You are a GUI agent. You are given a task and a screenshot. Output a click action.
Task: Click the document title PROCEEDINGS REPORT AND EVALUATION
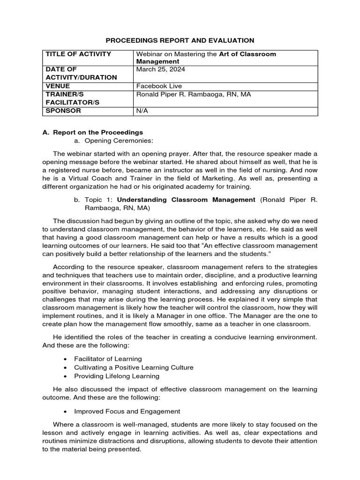point(180,41)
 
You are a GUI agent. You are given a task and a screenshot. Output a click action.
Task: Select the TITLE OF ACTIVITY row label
point(78,54)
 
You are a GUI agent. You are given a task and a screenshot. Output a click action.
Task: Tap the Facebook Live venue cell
point(159,86)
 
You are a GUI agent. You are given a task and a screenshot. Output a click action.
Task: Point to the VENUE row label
point(58,86)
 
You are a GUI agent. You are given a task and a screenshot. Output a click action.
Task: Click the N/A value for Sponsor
point(142,111)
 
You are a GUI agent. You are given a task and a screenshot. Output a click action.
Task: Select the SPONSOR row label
point(63,111)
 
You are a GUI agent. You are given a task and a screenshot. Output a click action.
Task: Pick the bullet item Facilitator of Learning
point(108,359)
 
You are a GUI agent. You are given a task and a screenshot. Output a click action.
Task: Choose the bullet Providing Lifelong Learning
point(117,376)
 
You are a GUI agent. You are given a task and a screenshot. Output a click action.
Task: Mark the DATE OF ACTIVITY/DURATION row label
point(81,74)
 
